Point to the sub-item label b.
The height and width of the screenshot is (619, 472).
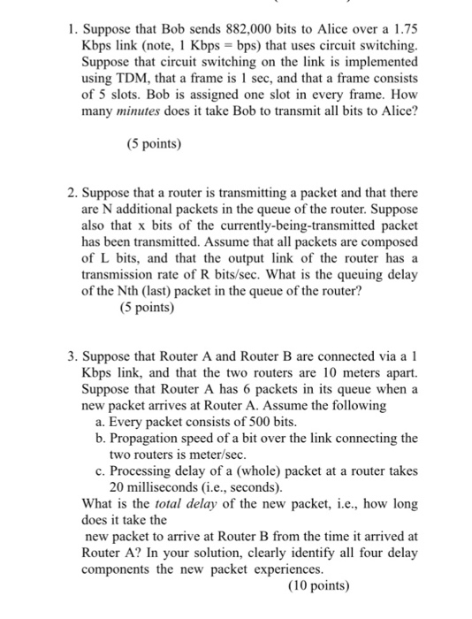[x=100, y=439]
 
